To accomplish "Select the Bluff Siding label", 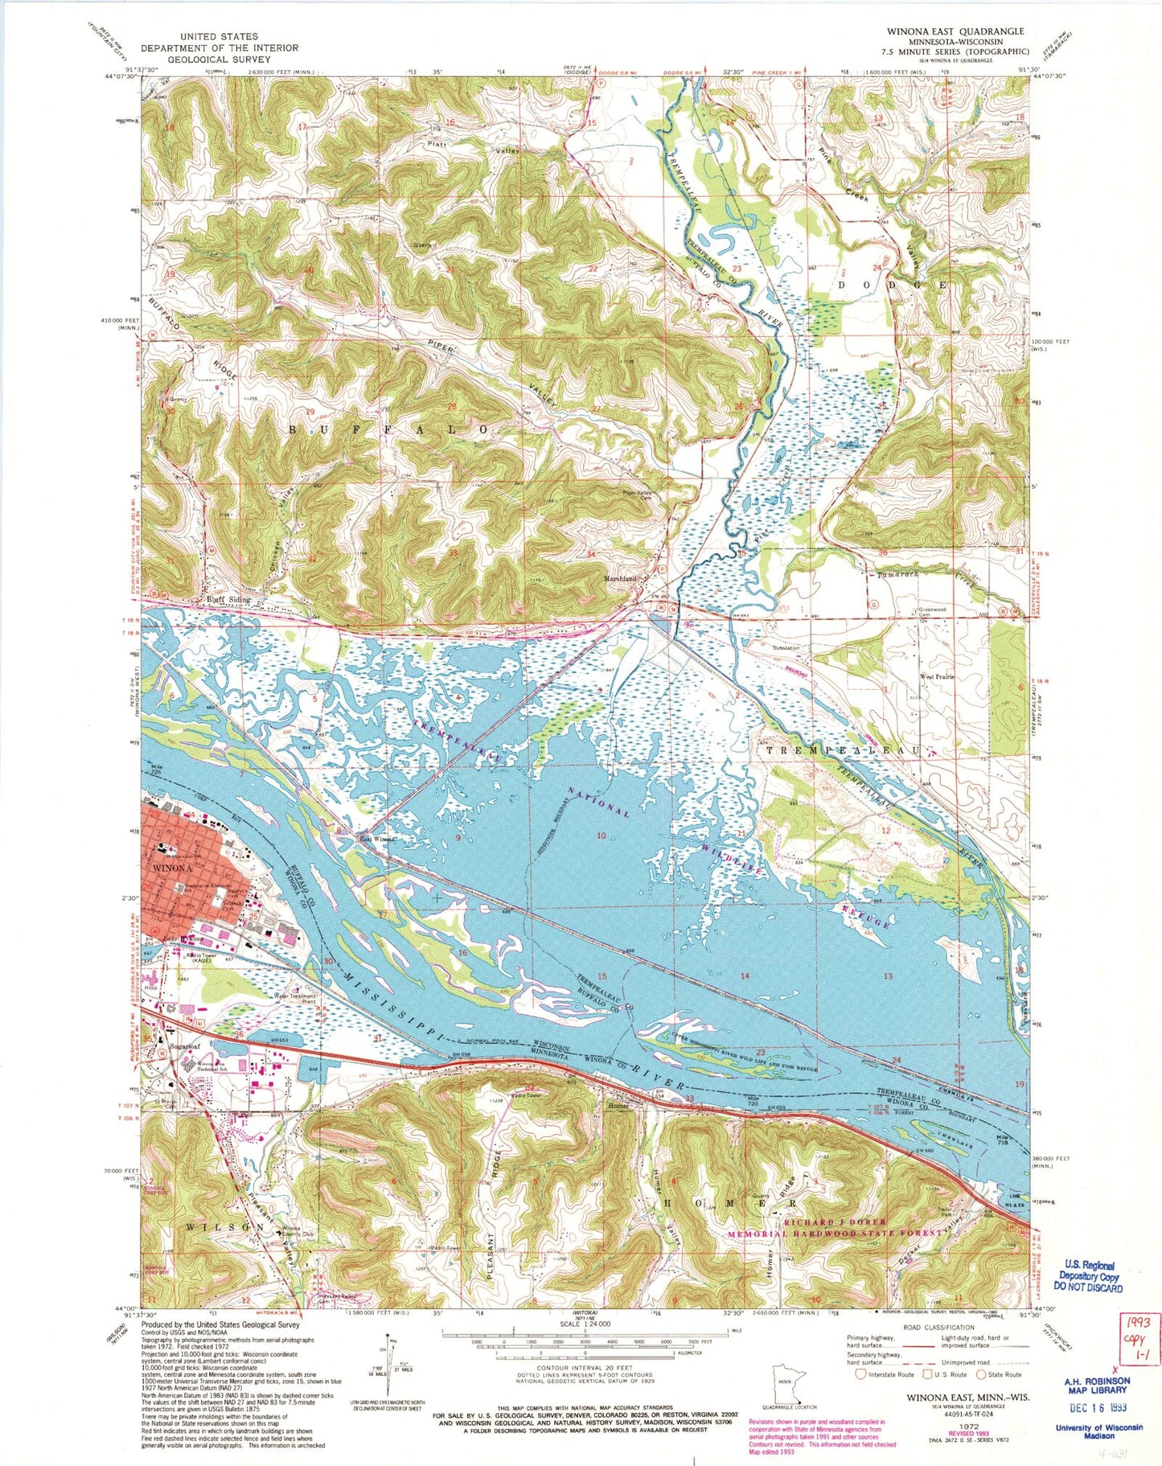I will pyautogui.click(x=228, y=600).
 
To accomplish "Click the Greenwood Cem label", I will pyautogui.click(x=931, y=612).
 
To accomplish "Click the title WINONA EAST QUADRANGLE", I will pyautogui.click(x=944, y=31).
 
